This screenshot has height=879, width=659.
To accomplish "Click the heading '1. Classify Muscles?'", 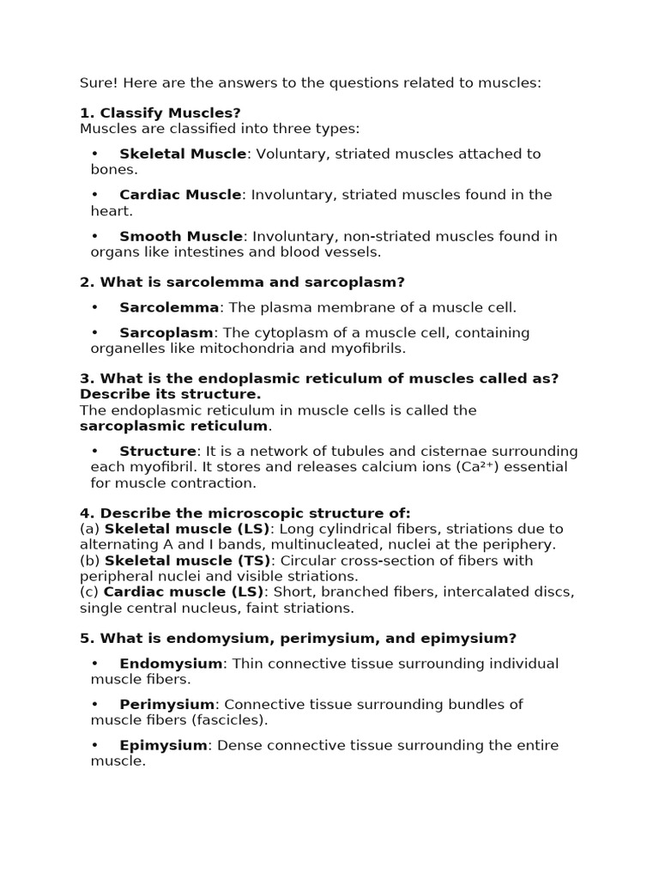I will (160, 112).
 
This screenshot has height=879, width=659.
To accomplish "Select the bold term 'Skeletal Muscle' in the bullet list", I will (183, 154).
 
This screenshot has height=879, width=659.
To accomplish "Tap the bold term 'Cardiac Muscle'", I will (180, 195).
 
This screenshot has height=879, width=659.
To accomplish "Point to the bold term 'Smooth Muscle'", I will (181, 236).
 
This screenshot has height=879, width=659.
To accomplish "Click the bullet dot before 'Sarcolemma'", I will (94, 307).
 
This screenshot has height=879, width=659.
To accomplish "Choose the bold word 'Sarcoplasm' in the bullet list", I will (166, 332).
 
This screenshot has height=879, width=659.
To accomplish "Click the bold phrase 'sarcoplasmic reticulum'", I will (174, 426).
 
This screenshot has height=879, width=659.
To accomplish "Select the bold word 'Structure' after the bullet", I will (158, 451).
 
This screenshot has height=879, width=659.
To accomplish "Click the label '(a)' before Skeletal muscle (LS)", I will (90, 529).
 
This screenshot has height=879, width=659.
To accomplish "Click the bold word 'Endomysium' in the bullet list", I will (171, 664).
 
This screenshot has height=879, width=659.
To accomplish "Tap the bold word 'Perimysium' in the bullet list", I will (166, 705).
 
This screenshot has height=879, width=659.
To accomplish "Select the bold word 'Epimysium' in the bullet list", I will (163, 746).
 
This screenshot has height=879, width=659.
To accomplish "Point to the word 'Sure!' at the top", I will (97, 83).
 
